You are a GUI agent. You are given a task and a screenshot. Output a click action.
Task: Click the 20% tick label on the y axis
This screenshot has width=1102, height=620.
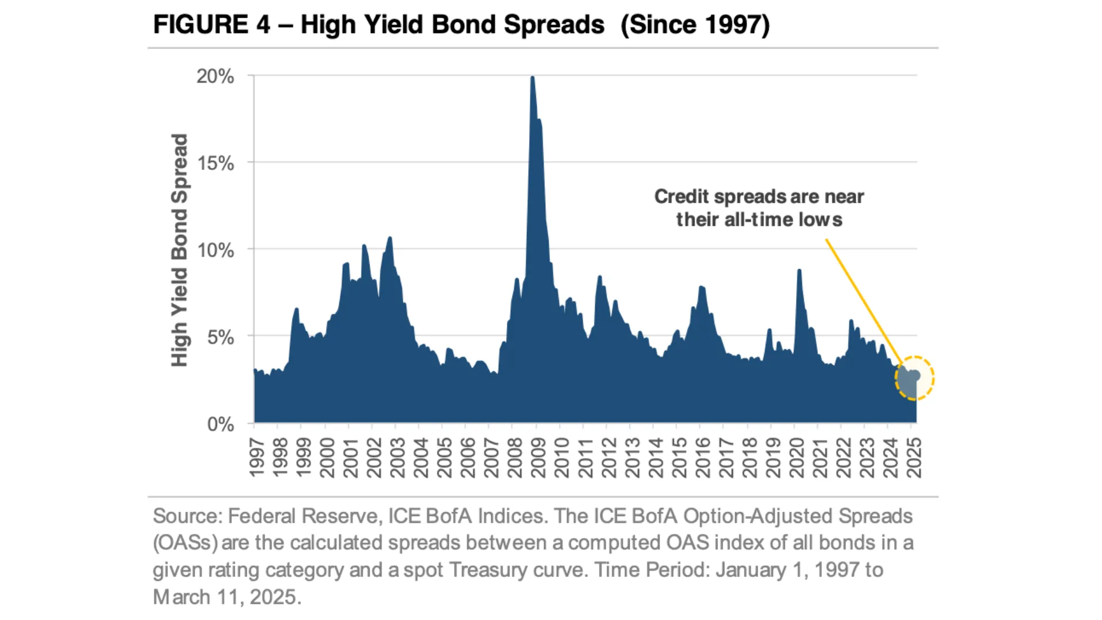coord(215,76)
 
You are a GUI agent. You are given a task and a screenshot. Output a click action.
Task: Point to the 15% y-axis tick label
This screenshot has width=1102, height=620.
coord(215,164)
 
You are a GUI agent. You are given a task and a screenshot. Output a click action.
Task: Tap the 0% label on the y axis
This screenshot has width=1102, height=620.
coord(220,425)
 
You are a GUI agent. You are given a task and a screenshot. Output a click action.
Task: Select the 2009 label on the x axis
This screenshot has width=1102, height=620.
coord(538,458)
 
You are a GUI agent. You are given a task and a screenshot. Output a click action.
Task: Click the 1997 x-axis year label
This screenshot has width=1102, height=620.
coord(257,458)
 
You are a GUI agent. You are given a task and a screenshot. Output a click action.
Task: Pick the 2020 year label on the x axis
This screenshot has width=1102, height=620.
coord(796,458)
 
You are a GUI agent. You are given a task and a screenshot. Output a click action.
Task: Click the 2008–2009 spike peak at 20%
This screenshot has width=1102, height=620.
coord(533,77)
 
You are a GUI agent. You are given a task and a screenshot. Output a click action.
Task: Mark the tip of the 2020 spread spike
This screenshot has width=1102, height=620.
coord(799,270)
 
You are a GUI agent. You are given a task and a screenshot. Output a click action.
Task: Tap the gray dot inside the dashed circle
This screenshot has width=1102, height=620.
coord(915,376)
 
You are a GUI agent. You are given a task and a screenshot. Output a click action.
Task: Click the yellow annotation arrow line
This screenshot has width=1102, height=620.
coord(861,299)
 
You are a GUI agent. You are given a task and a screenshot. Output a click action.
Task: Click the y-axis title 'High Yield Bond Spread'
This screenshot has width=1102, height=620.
coord(180,250)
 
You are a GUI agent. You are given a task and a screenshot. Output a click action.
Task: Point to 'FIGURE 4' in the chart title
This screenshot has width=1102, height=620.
coord(211,25)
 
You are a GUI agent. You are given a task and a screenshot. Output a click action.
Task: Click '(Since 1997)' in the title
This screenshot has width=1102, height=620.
coord(695,25)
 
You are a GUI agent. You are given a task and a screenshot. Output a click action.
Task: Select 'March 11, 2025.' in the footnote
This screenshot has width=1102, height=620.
coord(227,597)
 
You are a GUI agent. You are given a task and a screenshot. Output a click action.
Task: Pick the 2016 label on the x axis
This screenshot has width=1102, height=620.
coord(702,458)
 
